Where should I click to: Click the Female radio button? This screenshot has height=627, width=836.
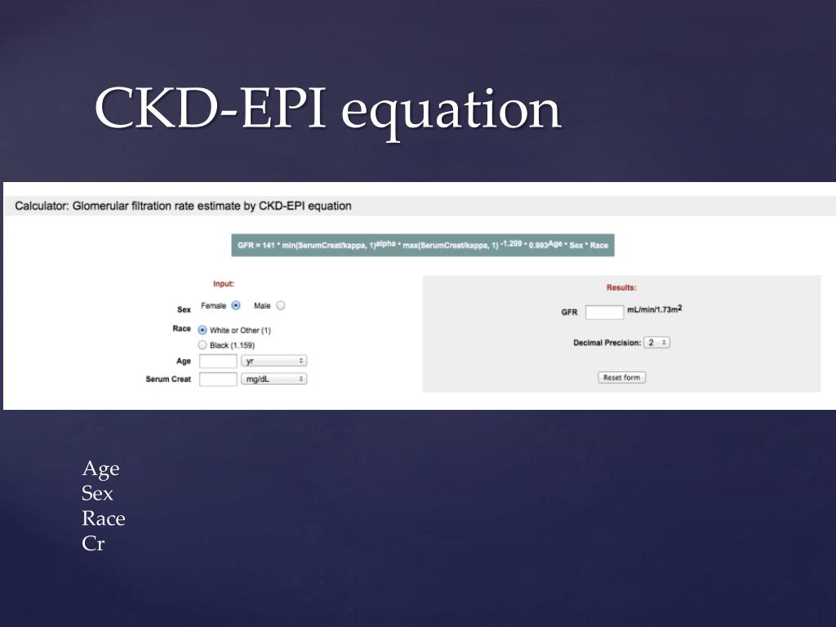(236, 306)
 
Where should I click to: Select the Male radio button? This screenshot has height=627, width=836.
(281, 306)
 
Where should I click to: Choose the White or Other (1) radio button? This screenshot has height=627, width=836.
(202, 330)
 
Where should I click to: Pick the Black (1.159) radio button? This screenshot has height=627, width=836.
(202, 345)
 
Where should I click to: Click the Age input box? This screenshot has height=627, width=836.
(218, 361)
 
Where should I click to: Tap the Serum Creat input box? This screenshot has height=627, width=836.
(218, 379)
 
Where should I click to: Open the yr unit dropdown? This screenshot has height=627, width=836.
(273, 361)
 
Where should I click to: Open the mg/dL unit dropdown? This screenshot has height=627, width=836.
(273, 379)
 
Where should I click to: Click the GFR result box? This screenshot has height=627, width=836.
(604, 312)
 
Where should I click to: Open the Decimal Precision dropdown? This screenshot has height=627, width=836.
(656, 343)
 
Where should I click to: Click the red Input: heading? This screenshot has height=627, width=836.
(224, 284)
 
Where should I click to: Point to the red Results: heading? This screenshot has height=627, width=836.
(621, 287)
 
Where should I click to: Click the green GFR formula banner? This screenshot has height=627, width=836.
(423, 246)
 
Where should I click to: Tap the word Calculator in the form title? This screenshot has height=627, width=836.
(41, 206)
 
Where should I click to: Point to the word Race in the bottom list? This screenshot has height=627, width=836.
(104, 518)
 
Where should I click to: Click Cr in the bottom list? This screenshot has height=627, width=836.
(93, 544)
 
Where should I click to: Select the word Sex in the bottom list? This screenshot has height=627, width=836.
(97, 493)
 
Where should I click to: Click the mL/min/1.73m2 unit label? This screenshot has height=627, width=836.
(654, 309)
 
